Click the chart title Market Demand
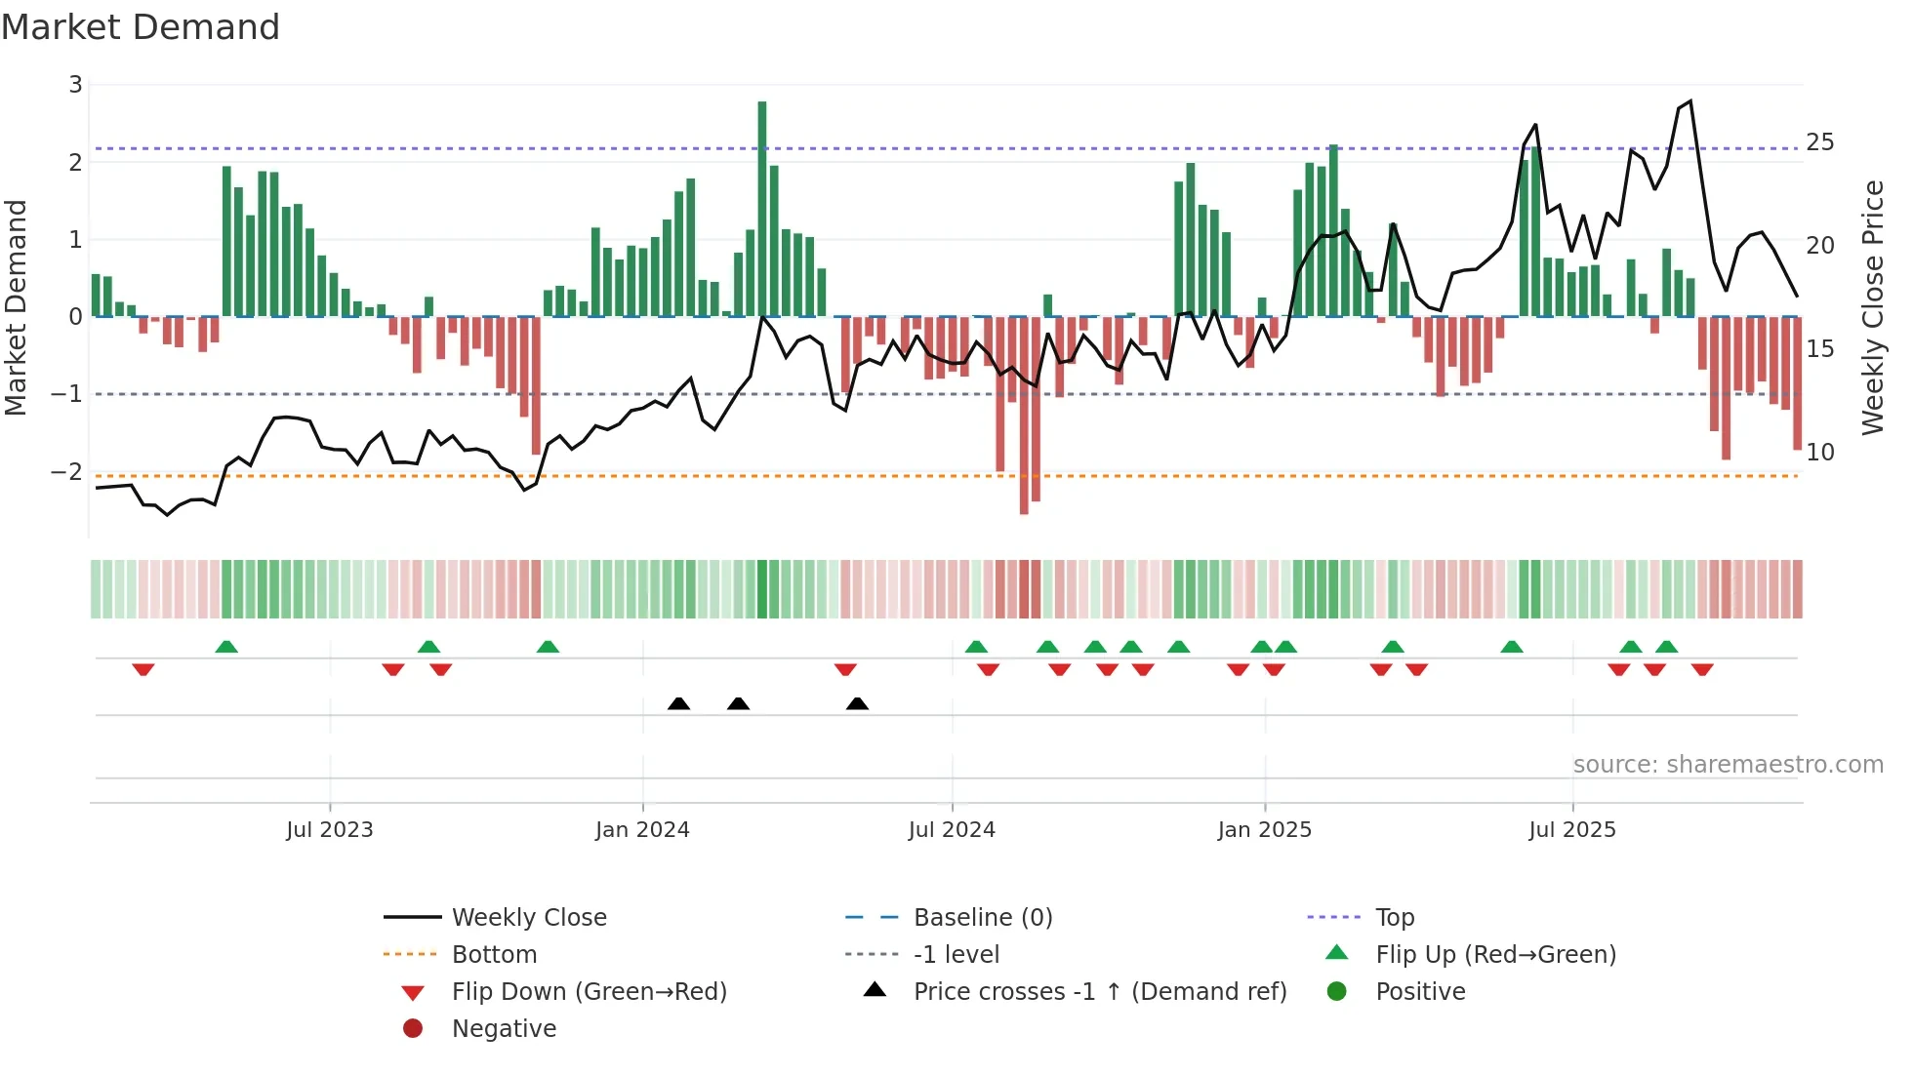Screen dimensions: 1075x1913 point(141,27)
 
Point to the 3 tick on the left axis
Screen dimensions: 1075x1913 point(75,85)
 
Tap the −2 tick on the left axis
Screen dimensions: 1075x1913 point(67,472)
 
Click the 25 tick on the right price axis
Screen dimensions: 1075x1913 point(1819,142)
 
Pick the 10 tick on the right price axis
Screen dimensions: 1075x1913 point(1819,453)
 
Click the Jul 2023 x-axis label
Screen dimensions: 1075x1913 point(330,830)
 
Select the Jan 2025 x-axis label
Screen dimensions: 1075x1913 point(1265,830)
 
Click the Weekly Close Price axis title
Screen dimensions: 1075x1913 point(1872,307)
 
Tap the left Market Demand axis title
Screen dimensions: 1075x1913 point(17,307)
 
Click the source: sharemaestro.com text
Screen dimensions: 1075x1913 point(1728,765)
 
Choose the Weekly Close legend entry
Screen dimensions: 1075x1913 point(529,918)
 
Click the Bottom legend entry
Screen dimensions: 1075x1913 point(494,955)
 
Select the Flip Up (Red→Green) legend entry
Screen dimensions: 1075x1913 point(1495,955)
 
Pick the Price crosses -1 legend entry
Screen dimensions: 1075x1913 point(1100,992)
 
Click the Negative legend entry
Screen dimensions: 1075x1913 point(504,1029)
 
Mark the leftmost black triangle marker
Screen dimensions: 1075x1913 point(679,704)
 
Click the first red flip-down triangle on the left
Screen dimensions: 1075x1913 point(143,669)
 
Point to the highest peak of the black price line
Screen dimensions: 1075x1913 point(1690,101)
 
